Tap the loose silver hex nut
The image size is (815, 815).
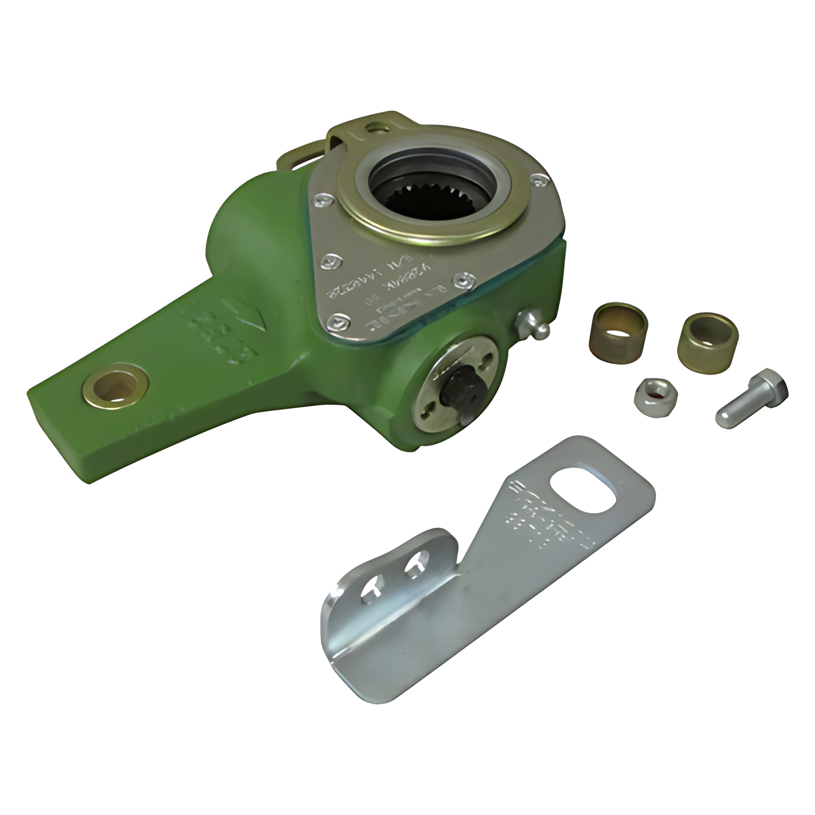pos(652,393)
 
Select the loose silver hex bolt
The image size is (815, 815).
pos(751,400)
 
